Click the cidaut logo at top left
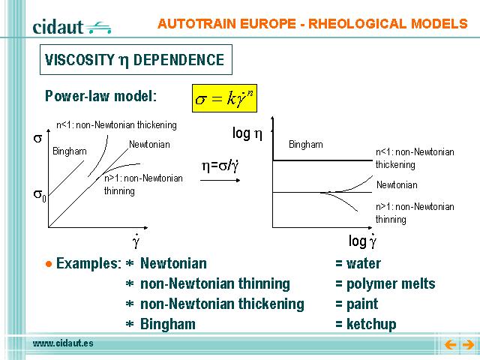point(72,27)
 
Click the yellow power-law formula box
point(224,98)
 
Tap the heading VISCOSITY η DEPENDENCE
point(135,60)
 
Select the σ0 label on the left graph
point(40,195)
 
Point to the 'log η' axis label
point(247,133)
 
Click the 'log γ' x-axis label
point(362,241)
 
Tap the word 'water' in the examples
point(363,263)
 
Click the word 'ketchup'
point(371,324)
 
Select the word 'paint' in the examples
point(362,304)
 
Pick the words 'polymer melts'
point(391,283)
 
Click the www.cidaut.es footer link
point(63,343)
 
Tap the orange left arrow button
point(450,345)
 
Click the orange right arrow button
point(468,345)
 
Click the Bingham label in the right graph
point(306,145)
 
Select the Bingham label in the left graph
point(70,151)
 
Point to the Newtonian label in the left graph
point(149,144)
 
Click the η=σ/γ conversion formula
point(220,166)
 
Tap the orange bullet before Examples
point(49,264)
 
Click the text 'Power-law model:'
point(100,96)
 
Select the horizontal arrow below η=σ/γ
point(220,180)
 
